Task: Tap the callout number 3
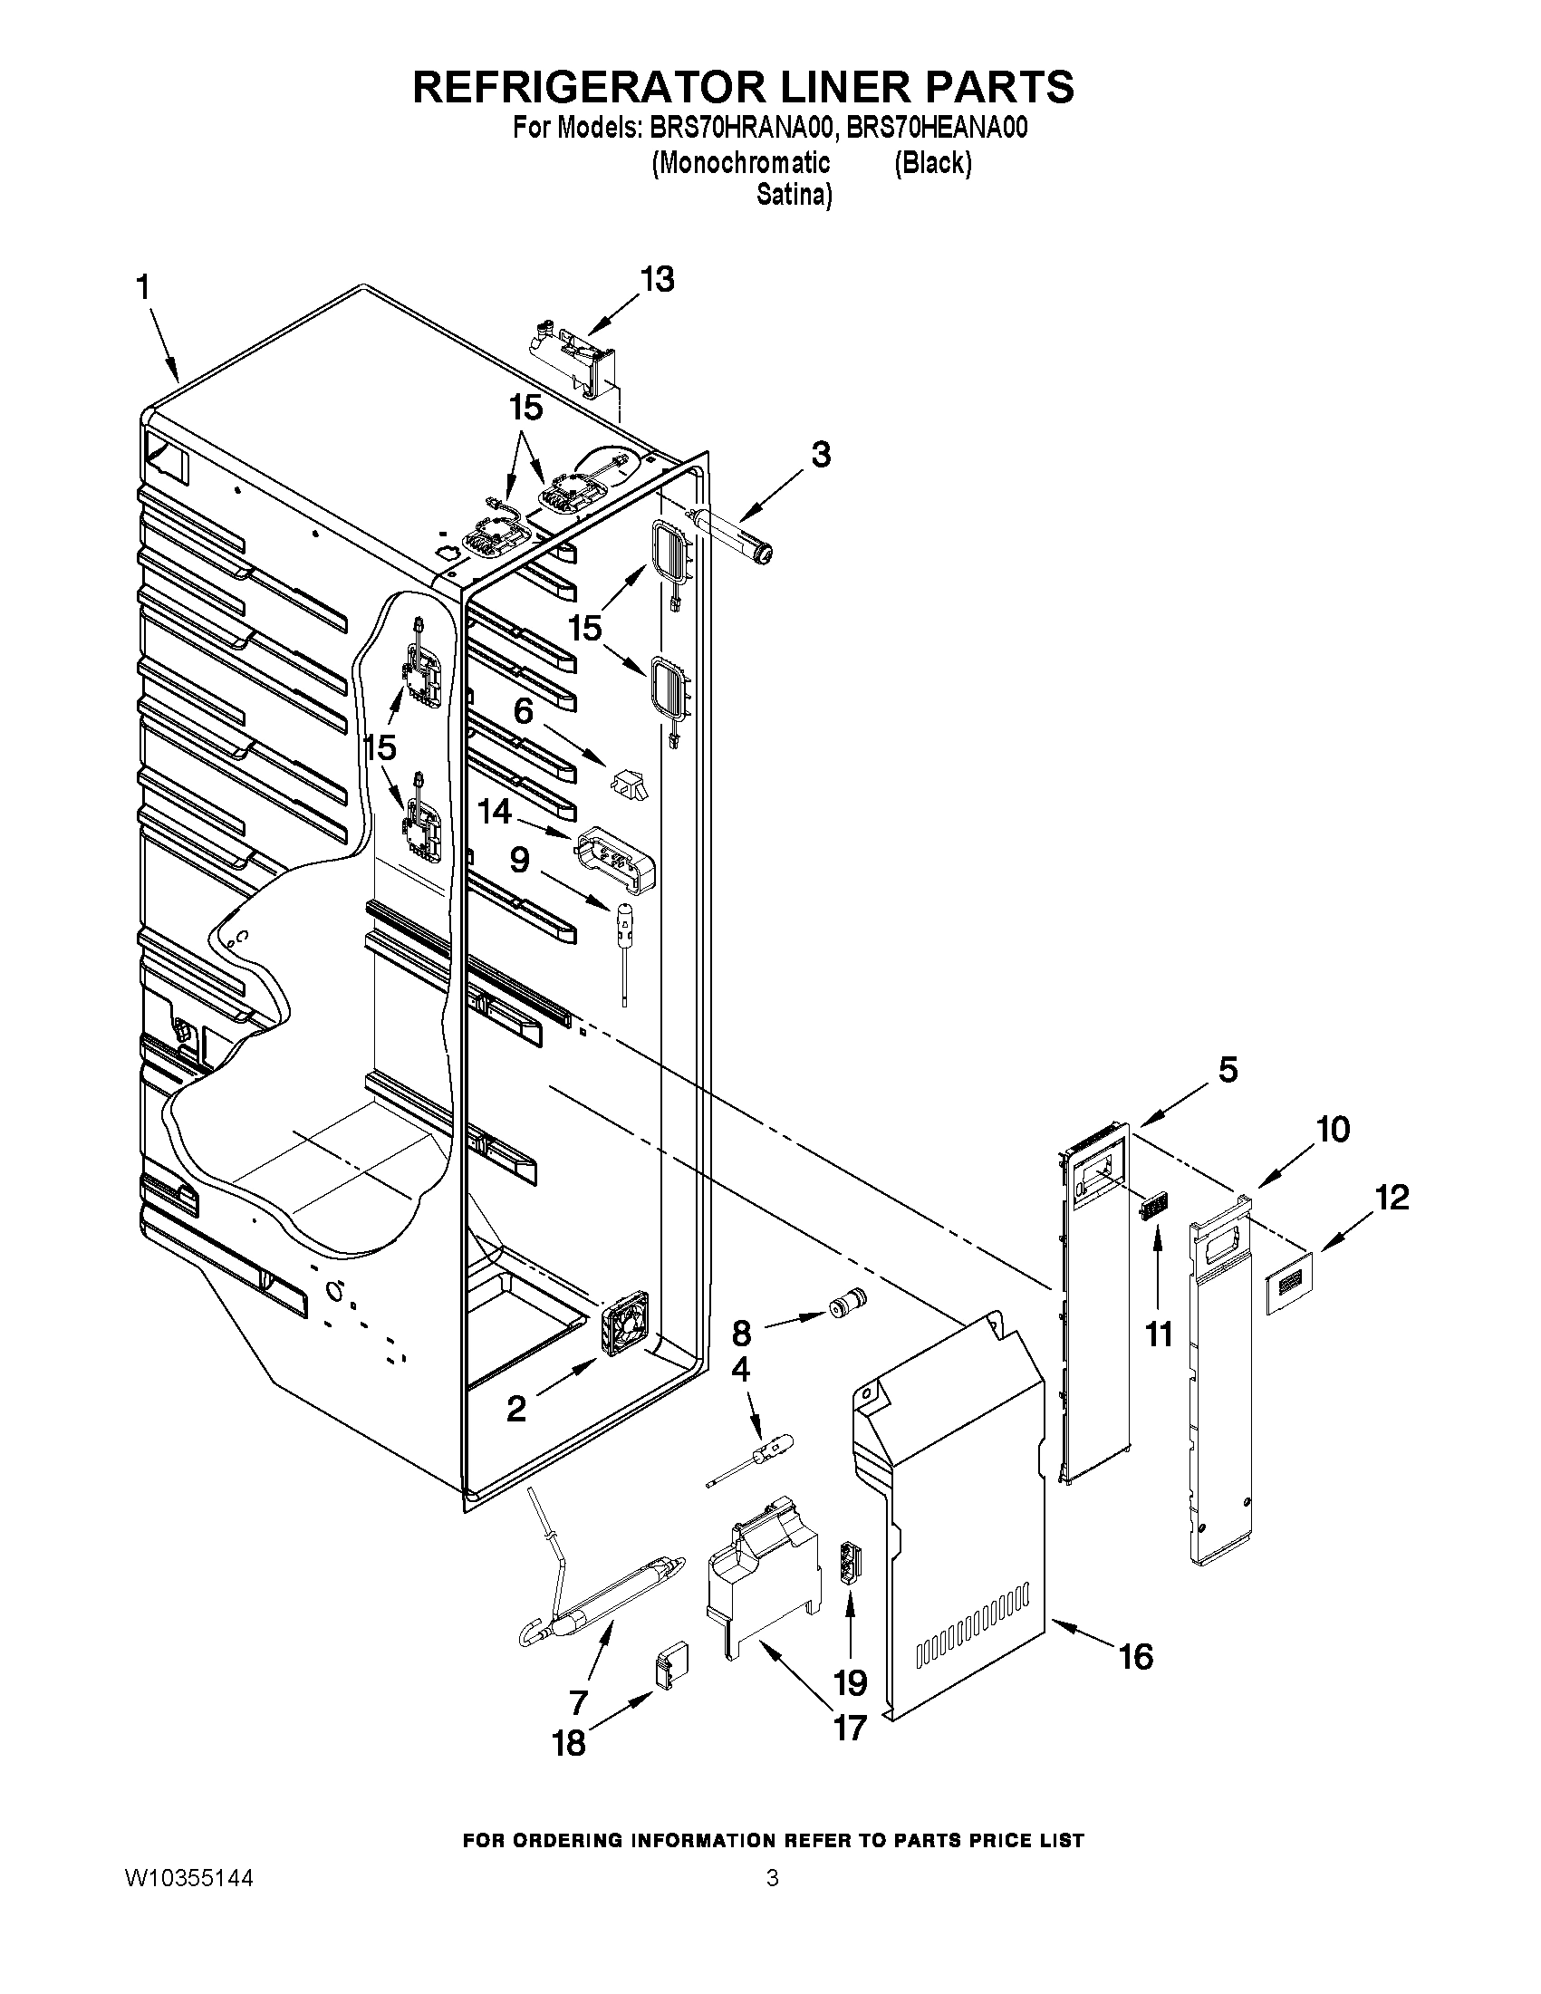(821, 454)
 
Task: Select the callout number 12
(1392, 1196)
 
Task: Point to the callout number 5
(1228, 1069)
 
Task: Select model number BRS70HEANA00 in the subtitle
(937, 128)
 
